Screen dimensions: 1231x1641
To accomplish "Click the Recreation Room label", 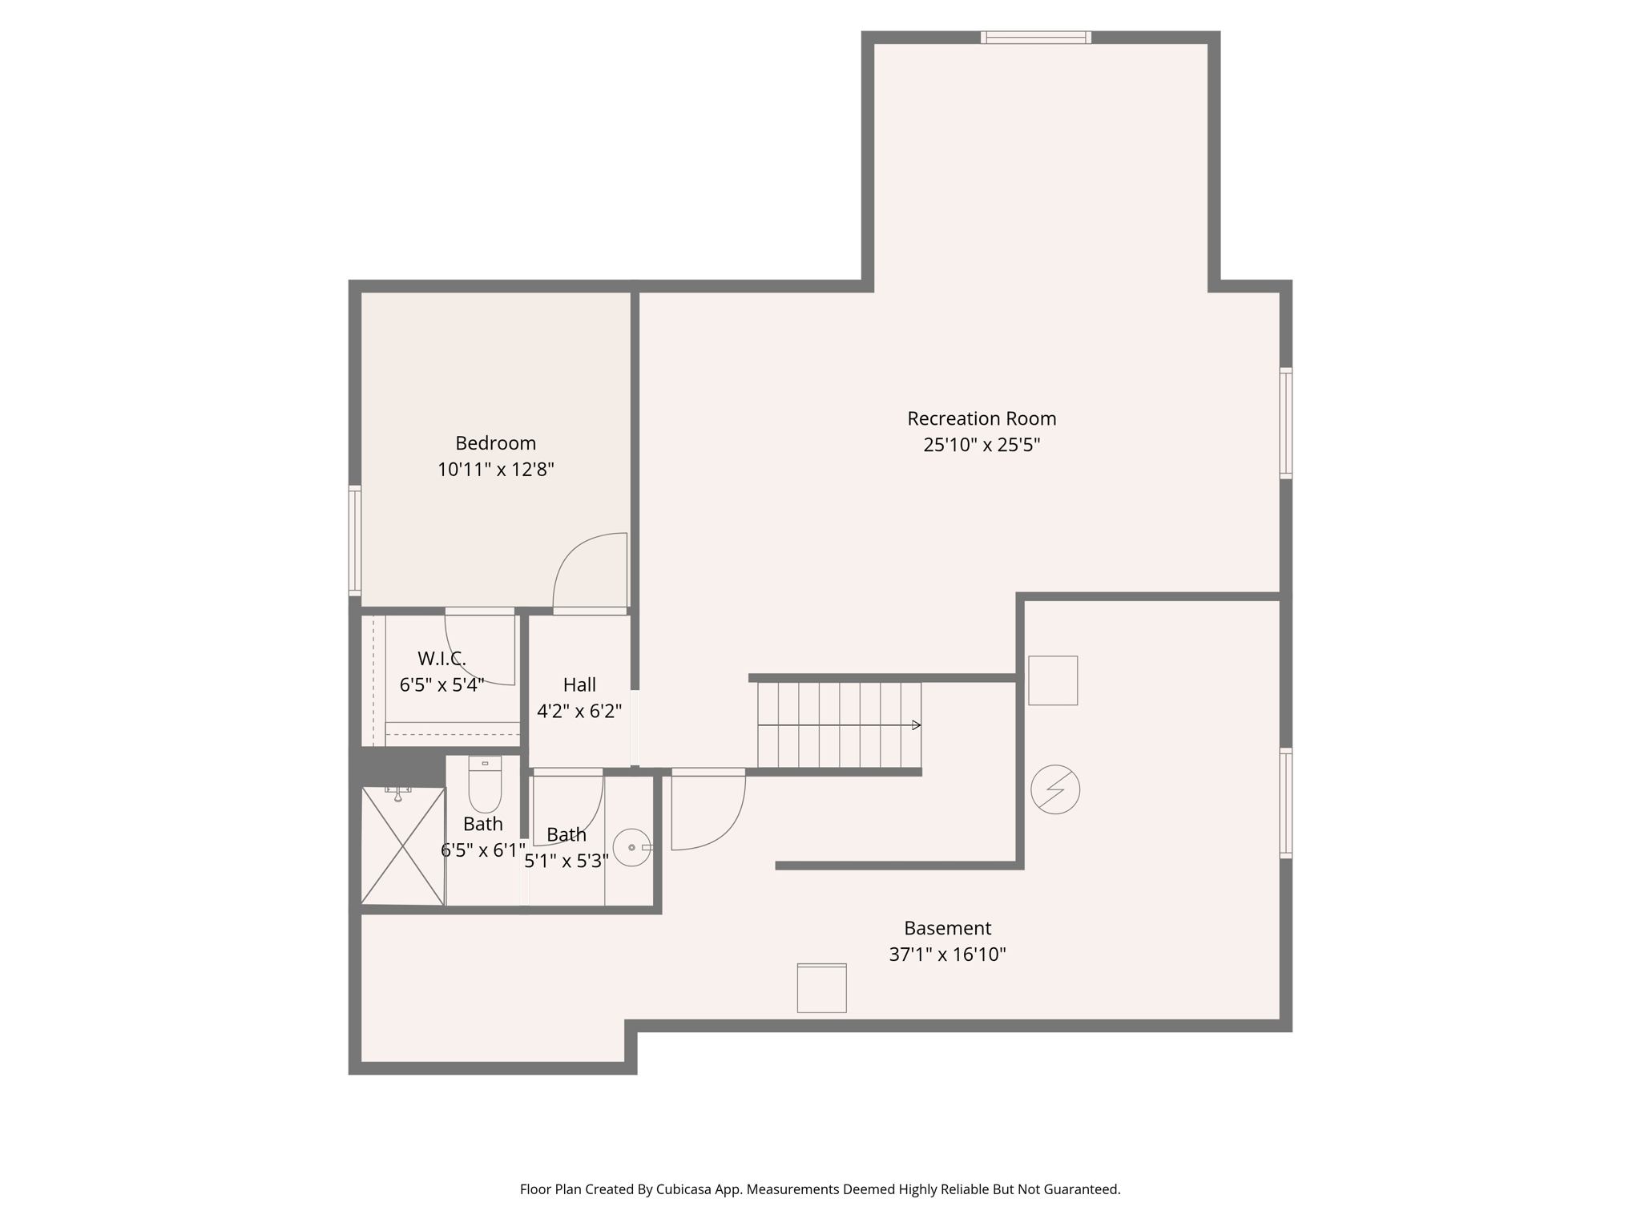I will tap(981, 418).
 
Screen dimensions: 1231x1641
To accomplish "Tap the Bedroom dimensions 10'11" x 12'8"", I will tap(495, 470).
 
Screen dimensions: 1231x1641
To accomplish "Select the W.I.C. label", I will tap(441, 659).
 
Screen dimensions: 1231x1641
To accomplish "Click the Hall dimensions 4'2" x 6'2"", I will tap(579, 711).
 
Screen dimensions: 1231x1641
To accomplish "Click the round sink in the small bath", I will tap(631, 847).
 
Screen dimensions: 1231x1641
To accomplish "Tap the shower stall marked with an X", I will tap(402, 846).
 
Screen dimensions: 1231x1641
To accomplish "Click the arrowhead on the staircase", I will tap(917, 725).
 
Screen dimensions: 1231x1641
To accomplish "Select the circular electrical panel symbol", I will tap(1054, 789).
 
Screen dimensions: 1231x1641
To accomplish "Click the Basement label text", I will tap(947, 928).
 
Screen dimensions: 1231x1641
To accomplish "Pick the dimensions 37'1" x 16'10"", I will tap(947, 955).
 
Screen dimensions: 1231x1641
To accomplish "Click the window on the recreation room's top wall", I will tap(1035, 37).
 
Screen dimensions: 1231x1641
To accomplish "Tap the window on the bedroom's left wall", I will tap(355, 540).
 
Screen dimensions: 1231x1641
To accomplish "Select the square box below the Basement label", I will tap(821, 988).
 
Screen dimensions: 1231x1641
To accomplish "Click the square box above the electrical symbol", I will tap(1052, 680).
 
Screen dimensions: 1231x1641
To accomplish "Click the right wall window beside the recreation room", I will tap(1285, 423).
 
